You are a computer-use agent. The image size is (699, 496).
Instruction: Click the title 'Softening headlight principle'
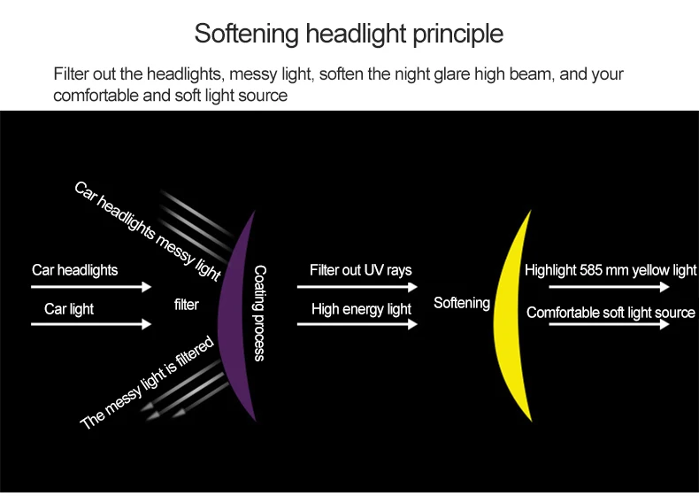tap(349, 35)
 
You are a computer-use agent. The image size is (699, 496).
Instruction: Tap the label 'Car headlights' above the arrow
tap(74, 269)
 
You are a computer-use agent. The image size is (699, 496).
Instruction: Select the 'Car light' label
tap(69, 309)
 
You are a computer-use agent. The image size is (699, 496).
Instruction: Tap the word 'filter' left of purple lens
tap(187, 305)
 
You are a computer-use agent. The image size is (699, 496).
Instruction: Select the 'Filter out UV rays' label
tap(360, 269)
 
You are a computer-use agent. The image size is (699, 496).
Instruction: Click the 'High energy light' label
tap(361, 309)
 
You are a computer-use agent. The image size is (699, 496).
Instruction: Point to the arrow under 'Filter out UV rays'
tap(357, 286)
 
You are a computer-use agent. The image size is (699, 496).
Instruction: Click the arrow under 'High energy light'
tap(357, 324)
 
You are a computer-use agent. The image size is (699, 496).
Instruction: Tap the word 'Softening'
tap(461, 303)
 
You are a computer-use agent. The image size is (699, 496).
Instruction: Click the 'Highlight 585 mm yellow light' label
tap(611, 270)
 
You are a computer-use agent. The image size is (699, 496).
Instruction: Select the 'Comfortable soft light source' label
tap(611, 313)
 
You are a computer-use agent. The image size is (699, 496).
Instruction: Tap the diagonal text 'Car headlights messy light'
tap(147, 231)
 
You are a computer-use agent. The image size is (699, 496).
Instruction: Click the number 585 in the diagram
tap(592, 270)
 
